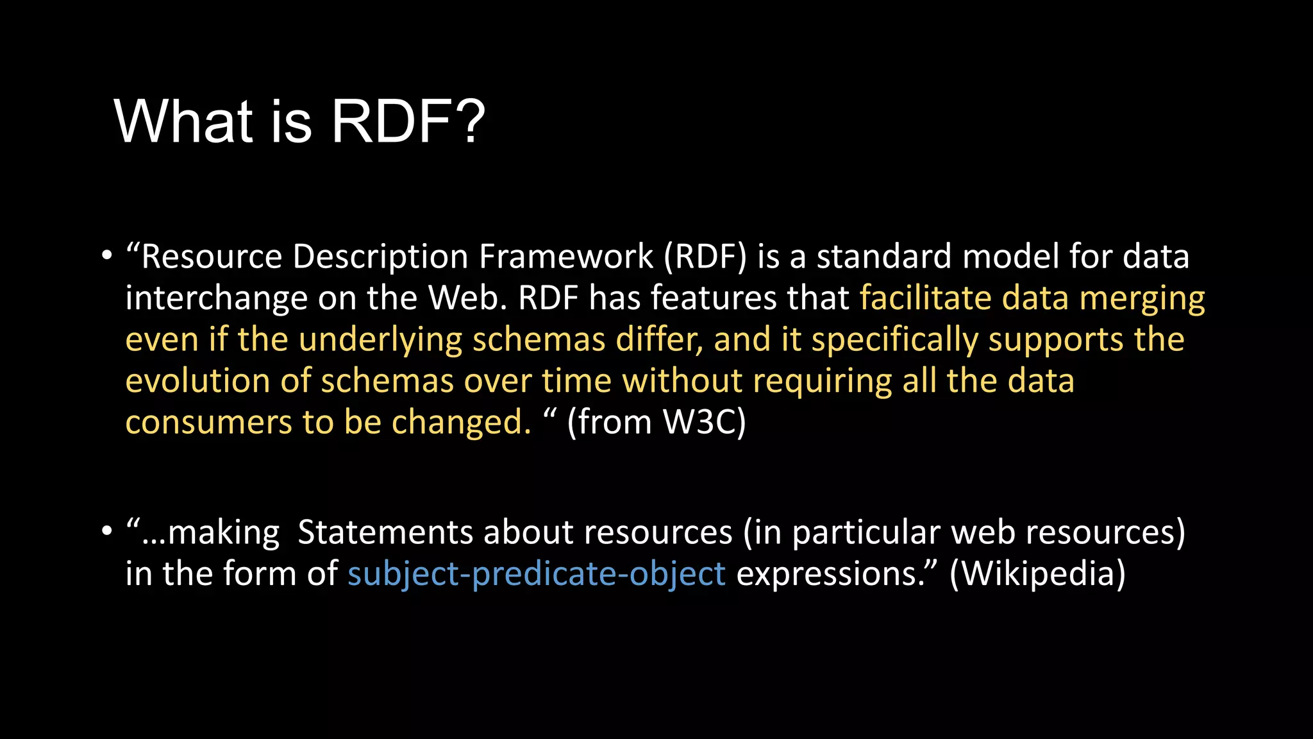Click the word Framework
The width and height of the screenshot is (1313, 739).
coord(566,257)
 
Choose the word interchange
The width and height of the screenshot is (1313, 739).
coord(216,298)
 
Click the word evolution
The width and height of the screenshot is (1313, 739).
coord(197,381)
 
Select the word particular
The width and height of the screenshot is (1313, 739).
coord(866,532)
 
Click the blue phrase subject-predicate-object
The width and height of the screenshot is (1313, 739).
coord(537,573)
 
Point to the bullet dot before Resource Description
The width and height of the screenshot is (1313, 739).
coord(106,257)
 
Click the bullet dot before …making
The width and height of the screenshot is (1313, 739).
coord(106,532)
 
